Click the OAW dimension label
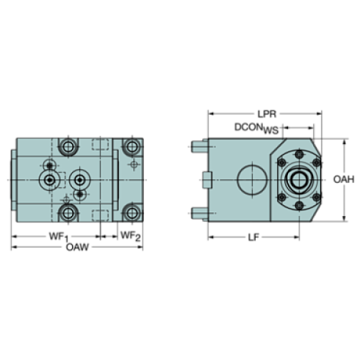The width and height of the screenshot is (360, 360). pyautogui.click(x=77, y=248)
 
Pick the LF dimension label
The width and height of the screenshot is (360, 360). pyautogui.click(x=253, y=237)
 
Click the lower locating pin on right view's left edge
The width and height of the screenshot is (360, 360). pyautogui.click(x=197, y=214)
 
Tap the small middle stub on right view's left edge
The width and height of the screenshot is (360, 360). pyautogui.click(x=205, y=179)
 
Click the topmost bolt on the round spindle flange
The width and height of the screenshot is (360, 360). pyautogui.click(x=300, y=155)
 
